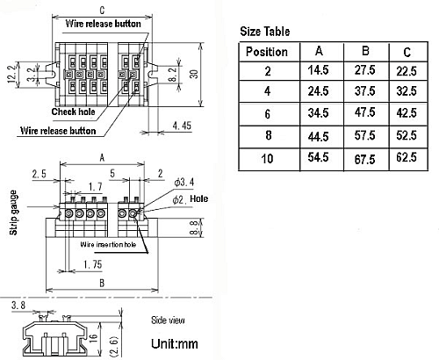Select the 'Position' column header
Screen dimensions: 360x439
click(x=267, y=52)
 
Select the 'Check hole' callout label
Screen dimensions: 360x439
click(x=74, y=112)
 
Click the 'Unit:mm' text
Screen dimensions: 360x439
click(x=176, y=343)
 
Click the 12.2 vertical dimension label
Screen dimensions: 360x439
click(x=11, y=69)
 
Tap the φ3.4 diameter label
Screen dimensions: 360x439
click(x=183, y=182)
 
